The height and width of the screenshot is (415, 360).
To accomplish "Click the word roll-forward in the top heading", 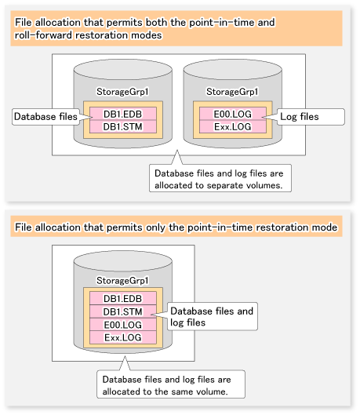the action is tap(43, 35).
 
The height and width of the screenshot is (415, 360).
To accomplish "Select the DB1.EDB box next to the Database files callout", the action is tap(123, 114).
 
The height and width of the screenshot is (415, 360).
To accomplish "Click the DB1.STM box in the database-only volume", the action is tap(123, 127).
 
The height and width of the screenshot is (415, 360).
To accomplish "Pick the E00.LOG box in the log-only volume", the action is tap(233, 114).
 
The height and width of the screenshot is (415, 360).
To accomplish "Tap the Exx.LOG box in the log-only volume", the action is tap(233, 127).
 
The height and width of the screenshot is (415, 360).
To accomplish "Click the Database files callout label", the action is tap(45, 117).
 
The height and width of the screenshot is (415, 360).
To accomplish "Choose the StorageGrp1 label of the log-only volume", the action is tap(232, 92).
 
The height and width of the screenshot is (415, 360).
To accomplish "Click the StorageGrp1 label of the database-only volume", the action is tap(122, 92).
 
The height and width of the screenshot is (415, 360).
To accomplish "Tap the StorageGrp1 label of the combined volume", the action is tap(122, 281).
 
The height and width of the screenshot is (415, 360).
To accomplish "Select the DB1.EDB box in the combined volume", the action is tap(123, 298).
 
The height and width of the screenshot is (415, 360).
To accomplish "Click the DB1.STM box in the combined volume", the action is tap(123, 311).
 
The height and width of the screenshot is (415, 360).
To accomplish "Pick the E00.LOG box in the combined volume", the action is tap(123, 325).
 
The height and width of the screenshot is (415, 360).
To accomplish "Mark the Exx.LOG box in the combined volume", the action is tap(123, 337).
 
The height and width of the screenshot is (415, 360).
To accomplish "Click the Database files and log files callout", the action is tap(213, 316).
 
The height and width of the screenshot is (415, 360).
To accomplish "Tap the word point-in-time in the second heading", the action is tap(220, 228).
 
